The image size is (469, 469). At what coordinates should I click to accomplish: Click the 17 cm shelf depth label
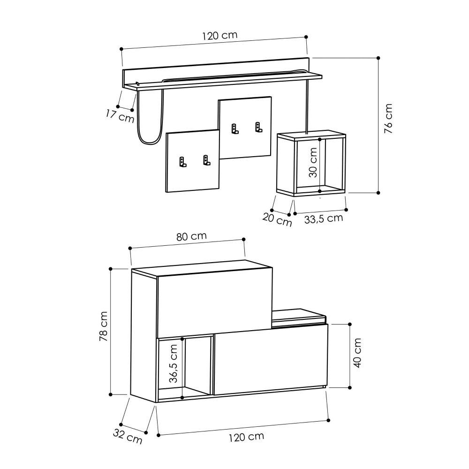120,115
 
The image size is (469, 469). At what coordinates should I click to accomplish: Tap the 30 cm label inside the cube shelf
314,162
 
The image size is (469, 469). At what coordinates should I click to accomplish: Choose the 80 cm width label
191,236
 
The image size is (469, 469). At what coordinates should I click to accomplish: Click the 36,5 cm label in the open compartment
173,363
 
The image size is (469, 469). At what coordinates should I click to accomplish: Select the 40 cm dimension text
357,353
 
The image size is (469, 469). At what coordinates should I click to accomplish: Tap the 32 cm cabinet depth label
128,437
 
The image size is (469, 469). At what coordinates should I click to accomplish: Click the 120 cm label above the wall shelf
219,36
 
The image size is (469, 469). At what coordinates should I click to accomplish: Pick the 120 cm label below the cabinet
246,437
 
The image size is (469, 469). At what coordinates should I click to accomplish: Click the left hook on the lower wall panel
182,162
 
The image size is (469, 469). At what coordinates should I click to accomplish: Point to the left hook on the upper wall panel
234,128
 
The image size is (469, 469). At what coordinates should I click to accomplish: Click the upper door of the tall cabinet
214,300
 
